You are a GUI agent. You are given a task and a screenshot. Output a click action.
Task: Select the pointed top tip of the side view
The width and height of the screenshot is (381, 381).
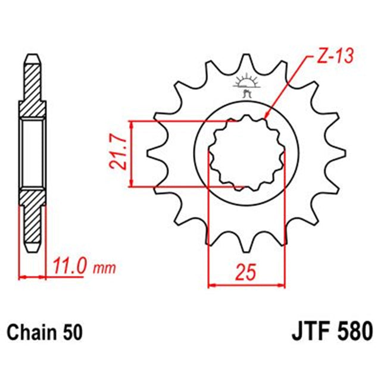(x=32, y=57)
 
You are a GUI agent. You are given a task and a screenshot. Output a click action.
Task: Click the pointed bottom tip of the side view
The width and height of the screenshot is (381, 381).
(x=32, y=250)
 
